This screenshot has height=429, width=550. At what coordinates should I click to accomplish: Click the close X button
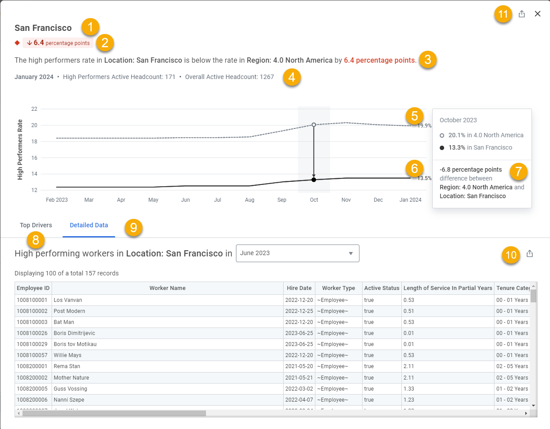pyautogui.click(x=537, y=14)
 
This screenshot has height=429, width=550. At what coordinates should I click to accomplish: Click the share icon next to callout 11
pyautogui.click(x=522, y=14)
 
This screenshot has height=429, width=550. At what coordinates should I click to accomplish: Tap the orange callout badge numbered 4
pyautogui.click(x=292, y=77)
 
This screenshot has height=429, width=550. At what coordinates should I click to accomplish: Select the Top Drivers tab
pyautogui.click(x=36, y=225)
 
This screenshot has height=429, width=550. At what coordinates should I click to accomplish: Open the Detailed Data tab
pyautogui.click(x=89, y=225)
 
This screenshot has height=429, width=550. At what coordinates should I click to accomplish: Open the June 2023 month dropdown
pyautogui.click(x=297, y=253)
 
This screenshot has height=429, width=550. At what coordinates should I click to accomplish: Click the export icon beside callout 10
pyautogui.click(x=530, y=253)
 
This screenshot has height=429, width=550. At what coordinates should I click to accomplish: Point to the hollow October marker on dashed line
pyautogui.click(x=314, y=124)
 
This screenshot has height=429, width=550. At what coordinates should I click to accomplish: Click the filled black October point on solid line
pyautogui.click(x=314, y=180)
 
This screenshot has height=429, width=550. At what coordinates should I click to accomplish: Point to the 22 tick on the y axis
pyautogui.click(x=34, y=109)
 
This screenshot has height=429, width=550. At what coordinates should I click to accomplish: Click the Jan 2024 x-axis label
pyautogui.click(x=410, y=200)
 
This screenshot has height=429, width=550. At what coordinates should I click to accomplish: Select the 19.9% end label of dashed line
pyautogui.click(x=424, y=126)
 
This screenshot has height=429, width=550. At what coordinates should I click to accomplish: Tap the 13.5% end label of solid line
pyautogui.click(x=424, y=178)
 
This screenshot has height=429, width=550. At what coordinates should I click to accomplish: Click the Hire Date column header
pyautogui.click(x=299, y=288)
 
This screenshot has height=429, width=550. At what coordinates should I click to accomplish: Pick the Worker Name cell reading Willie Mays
pyautogui.click(x=67, y=355)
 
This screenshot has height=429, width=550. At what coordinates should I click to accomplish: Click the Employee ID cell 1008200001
pyautogui.click(x=32, y=366)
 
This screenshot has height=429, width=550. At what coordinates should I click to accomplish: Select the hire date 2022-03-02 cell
pyautogui.click(x=299, y=388)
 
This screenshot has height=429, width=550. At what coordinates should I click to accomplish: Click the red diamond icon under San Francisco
pyautogui.click(x=17, y=43)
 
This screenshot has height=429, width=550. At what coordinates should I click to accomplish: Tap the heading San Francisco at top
pyautogui.click(x=43, y=28)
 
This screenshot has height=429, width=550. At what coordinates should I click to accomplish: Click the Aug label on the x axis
pyautogui.click(x=250, y=200)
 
